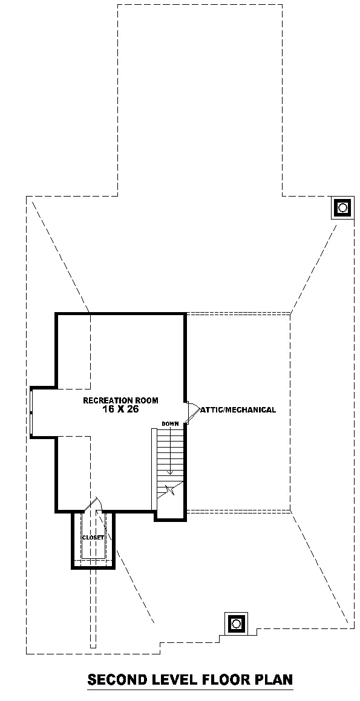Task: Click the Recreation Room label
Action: (121, 400)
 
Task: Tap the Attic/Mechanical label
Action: (238, 409)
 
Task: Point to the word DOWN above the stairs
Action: (171, 423)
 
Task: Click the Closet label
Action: (93, 537)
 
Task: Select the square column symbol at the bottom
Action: (236, 623)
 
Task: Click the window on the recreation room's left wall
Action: (31, 412)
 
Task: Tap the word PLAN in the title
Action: (274, 680)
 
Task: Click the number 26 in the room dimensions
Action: (133, 409)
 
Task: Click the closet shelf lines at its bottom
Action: (93, 561)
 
